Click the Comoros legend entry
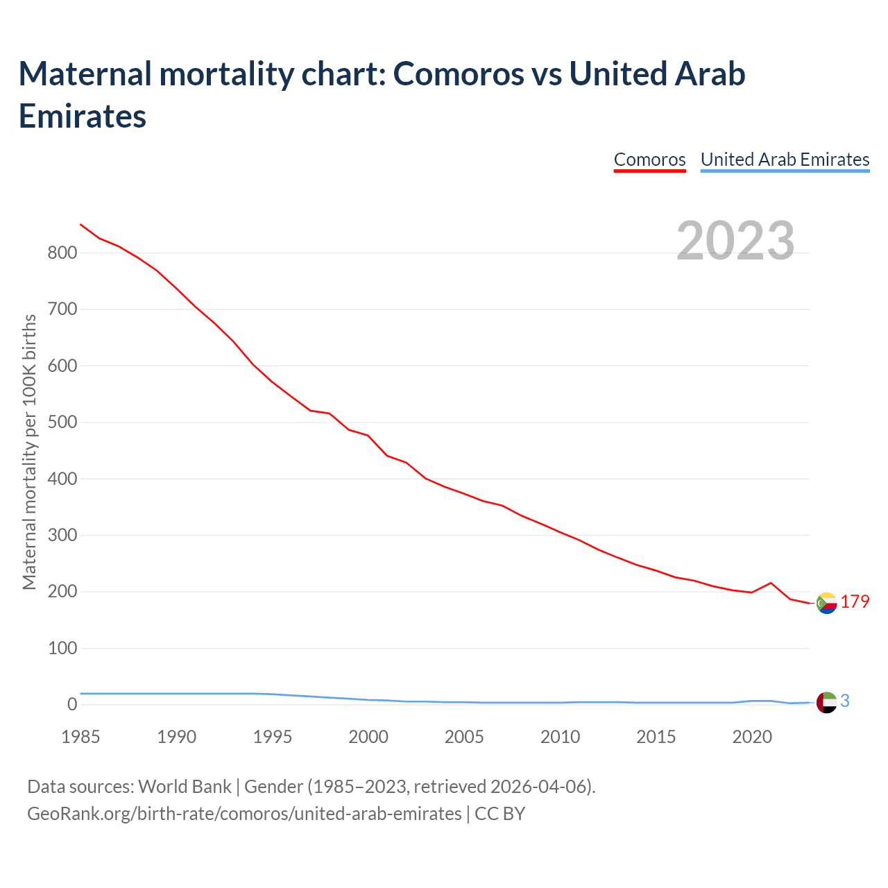pyautogui.click(x=649, y=160)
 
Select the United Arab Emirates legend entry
pyautogui.click(x=785, y=160)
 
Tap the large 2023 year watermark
pyautogui.click(x=735, y=241)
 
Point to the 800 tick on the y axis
pyautogui.click(x=62, y=253)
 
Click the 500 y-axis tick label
pyautogui.click(x=62, y=422)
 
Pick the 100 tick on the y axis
pyautogui.click(x=62, y=649)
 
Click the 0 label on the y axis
pyautogui.click(x=72, y=705)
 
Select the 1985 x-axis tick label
pyautogui.click(x=80, y=737)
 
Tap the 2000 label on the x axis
pyautogui.click(x=368, y=737)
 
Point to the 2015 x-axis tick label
pyautogui.click(x=656, y=737)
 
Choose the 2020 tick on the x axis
pyautogui.click(x=752, y=737)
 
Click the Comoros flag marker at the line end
pyautogui.click(x=826, y=604)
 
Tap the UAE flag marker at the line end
pyautogui.click(x=826, y=702)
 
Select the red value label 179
pyautogui.click(x=855, y=601)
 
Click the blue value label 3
pyautogui.click(x=844, y=701)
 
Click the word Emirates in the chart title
pyautogui.click(x=83, y=116)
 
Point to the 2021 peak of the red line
pyautogui.click(x=771, y=583)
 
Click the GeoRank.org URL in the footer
pyautogui.click(x=244, y=813)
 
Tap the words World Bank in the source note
pyautogui.click(x=185, y=787)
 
